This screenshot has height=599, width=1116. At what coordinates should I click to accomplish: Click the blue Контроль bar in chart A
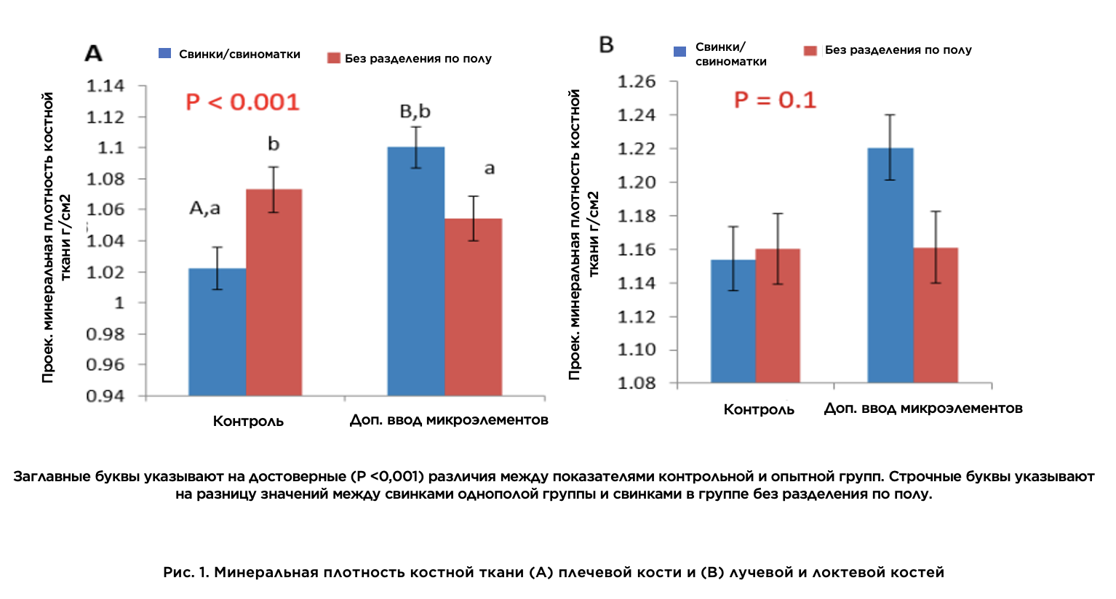click(x=217, y=332)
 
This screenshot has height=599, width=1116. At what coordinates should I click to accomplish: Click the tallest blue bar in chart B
click(x=890, y=265)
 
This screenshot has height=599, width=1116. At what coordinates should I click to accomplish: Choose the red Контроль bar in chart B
click(x=778, y=315)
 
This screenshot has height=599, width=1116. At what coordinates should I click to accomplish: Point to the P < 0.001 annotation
click(x=242, y=102)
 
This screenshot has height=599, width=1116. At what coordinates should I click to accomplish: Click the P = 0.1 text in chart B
click(x=775, y=100)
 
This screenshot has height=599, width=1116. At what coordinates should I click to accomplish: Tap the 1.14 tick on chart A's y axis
click(x=105, y=86)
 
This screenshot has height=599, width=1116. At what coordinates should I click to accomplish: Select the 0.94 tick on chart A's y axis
click(x=105, y=396)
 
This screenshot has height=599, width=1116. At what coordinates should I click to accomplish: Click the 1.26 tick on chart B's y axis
click(x=637, y=81)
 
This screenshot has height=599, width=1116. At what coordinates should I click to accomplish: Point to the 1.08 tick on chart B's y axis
click(x=637, y=383)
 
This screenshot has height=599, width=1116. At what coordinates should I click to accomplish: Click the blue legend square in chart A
click(x=165, y=53)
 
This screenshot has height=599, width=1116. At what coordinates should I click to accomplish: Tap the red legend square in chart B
click(x=810, y=50)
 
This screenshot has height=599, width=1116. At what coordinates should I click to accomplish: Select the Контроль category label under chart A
click(x=248, y=421)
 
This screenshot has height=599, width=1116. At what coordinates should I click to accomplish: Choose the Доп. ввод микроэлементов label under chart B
click(x=923, y=409)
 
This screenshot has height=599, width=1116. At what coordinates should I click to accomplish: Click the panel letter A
click(x=94, y=53)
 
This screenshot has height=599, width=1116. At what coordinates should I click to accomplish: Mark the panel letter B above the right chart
click(x=606, y=45)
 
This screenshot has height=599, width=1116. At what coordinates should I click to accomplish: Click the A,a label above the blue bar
click(x=204, y=209)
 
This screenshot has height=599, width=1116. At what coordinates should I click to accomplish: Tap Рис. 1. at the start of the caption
click(x=186, y=572)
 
